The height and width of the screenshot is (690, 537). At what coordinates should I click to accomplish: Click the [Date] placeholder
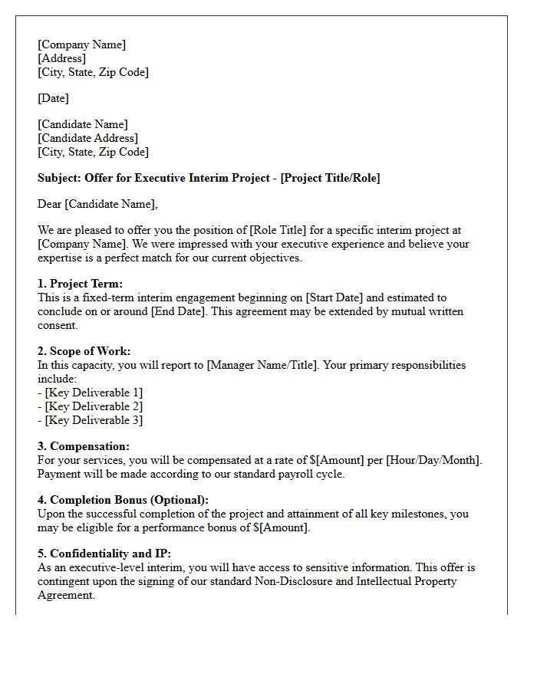click(53, 98)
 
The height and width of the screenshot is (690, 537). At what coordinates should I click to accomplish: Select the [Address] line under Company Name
click(61, 58)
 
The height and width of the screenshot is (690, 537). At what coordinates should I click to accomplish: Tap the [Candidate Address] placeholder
click(87, 138)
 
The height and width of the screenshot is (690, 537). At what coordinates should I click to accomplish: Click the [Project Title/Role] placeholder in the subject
click(330, 178)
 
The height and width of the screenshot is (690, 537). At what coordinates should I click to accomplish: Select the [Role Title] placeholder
click(269, 230)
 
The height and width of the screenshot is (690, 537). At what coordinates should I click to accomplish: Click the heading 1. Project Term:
click(80, 284)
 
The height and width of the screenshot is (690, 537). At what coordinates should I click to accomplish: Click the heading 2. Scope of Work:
click(84, 351)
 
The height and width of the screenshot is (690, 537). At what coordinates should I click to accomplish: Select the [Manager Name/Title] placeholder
click(262, 365)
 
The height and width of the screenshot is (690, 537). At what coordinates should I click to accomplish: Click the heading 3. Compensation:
click(84, 446)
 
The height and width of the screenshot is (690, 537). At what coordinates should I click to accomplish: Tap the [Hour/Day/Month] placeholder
click(433, 460)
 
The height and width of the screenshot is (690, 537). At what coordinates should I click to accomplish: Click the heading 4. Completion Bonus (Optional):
click(123, 500)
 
